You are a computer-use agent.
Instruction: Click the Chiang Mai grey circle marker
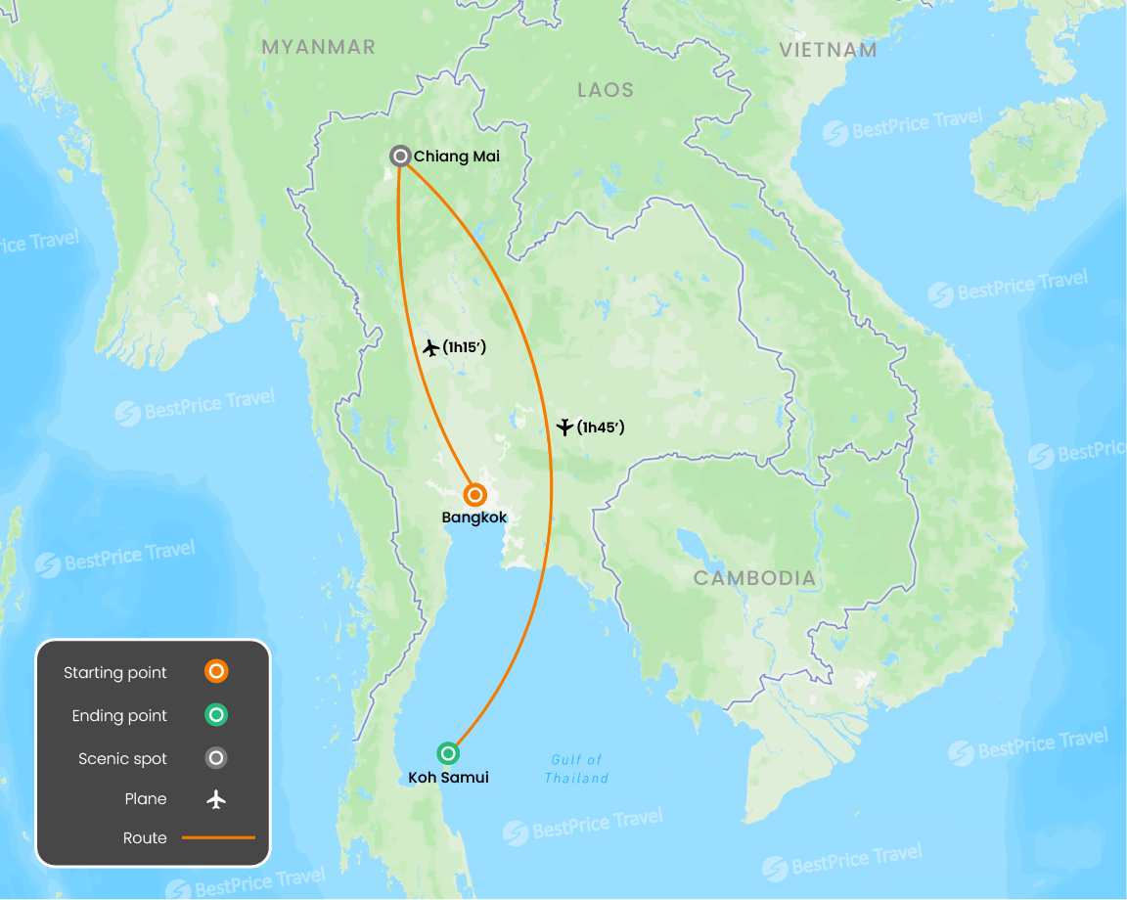pos(400,156)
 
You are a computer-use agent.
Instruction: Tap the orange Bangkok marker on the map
pos(474,495)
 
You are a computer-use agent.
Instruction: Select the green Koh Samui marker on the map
pos(448,753)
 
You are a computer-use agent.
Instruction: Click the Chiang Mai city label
pos(456,157)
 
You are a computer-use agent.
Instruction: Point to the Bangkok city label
pos(474,517)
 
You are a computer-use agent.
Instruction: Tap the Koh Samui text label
pos(448,778)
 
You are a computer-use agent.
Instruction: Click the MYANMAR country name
pos(318,47)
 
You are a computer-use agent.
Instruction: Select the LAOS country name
pos(605,90)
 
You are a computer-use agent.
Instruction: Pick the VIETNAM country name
pos(828,50)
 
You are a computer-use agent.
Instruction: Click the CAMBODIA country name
pos(754,578)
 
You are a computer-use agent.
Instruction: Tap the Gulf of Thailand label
pos(576,769)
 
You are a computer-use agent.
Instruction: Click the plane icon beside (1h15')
pos(429,347)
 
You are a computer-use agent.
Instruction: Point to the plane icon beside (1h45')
pos(563,427)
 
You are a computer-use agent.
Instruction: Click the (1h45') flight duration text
pos(601,427)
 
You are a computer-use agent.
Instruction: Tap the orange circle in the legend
pos(216,672)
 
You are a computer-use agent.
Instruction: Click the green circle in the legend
pos(216,715)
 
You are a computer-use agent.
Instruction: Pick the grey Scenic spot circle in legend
pos(216,758)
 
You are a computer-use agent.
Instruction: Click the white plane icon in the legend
pos(216,799)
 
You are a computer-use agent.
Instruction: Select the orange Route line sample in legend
pos(218,838)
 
